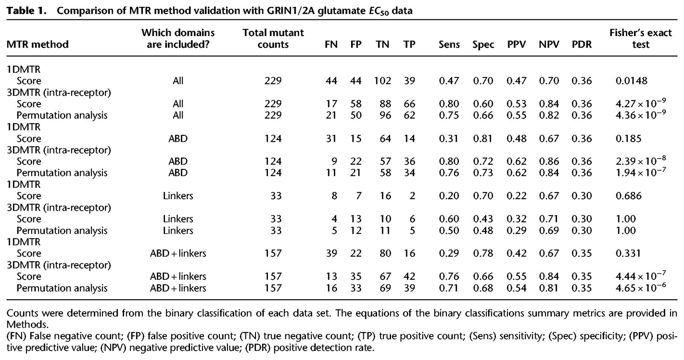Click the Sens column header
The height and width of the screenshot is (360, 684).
[x=449, y=44]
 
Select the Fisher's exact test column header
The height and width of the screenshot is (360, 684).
[x=641, y=38]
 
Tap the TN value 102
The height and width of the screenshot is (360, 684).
[x=382, y=81]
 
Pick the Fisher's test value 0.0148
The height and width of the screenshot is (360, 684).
[x=632, y=81]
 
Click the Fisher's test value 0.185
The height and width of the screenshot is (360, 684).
[x=629, y=138]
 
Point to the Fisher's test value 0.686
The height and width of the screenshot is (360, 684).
[x=629, y=196]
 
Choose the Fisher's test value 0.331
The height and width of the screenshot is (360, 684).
[x=629, y=253]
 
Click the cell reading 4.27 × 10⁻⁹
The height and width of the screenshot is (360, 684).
[x=641, y=103]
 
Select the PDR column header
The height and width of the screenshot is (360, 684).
[x=582, y=44]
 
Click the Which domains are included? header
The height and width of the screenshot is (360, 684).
[x=178, y=38]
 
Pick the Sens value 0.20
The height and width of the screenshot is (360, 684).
[x=449, y=196]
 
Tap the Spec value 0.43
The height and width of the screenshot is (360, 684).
[x=483, y=219]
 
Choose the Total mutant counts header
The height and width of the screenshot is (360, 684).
[x=273, y=38]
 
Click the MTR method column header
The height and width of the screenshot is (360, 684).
[x=38, y=44]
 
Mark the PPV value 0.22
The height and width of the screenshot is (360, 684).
[x=516, y=196]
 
